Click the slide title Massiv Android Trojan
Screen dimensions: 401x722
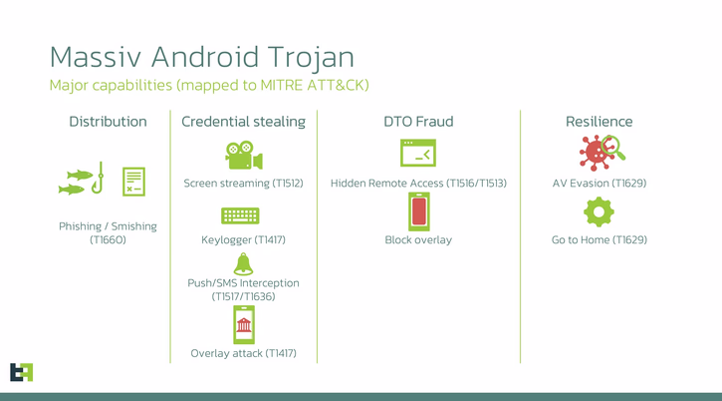201,56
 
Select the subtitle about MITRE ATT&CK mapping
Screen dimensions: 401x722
209,85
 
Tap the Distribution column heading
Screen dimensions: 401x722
108,122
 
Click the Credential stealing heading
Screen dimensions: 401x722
243,122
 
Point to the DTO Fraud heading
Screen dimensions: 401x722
418,122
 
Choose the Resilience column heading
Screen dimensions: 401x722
599,122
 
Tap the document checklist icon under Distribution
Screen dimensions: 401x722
133,182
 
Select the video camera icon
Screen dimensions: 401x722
243,156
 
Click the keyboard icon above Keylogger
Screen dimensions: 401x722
240,215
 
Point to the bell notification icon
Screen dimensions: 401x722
243,263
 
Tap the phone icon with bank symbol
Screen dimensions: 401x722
243,324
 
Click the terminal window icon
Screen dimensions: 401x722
418,153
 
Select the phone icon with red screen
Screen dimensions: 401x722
418,212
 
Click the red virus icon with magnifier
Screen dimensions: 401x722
601,153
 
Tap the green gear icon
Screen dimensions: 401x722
599,212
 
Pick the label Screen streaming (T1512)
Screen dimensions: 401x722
243,184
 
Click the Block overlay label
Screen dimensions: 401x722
418,239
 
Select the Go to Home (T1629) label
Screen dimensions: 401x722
599,239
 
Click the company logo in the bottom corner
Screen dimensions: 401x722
21,371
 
